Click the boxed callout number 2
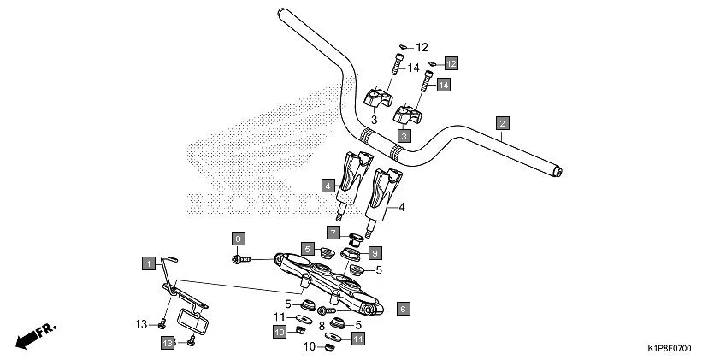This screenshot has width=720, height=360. pos(503,122)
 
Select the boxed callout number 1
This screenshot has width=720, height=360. pos(147,261)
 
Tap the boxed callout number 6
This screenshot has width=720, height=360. pos(403,308)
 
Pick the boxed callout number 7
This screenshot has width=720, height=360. pos(333,232)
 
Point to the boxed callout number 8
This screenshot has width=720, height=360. pos(239,238)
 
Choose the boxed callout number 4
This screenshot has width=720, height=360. pos(328,184)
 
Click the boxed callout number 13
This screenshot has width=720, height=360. pos(168,342)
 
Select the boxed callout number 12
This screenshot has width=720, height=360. pos(451,63)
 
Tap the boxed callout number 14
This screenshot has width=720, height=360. pos(443,85)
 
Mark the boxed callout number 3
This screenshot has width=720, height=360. pos(403,135)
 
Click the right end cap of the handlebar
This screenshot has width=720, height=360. pos(558,173)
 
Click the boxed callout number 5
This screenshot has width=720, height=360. pos(306,249)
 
